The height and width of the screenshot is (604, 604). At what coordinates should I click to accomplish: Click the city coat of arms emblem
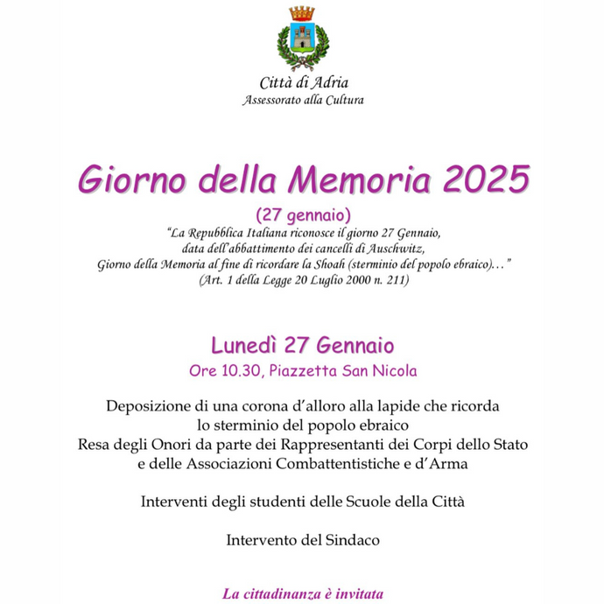pos(302,40)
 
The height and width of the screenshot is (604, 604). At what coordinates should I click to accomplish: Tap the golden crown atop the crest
pos(302,13)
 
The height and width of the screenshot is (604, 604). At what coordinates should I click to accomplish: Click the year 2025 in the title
pos(487,180)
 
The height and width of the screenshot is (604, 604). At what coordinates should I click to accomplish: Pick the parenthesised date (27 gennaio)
pos(303,214)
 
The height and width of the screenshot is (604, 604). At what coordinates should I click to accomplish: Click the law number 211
pos(398,281)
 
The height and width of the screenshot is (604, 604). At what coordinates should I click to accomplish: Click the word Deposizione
pos(151,407)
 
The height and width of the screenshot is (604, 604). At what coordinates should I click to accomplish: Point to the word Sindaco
pos(350,540)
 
